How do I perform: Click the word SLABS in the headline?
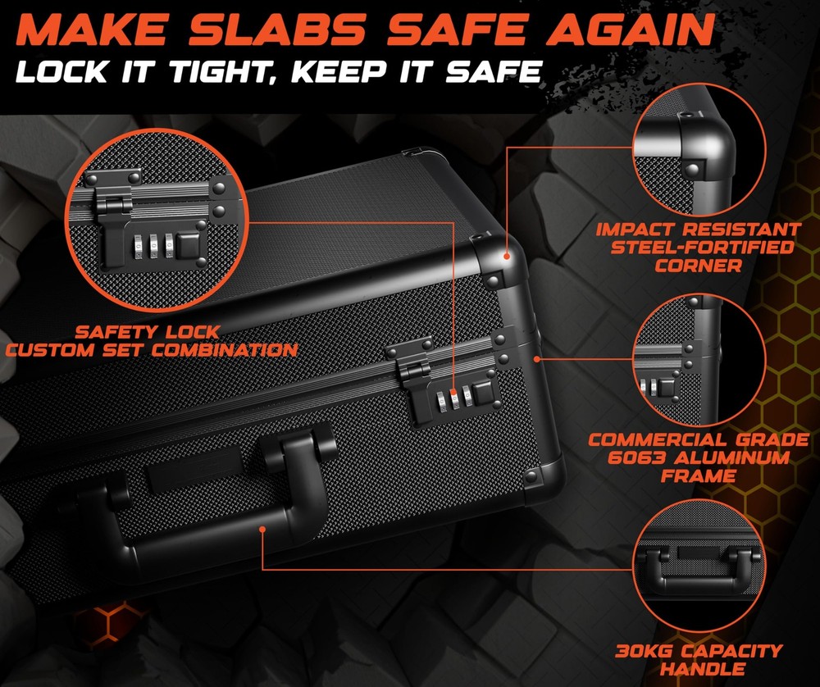coord(277,30)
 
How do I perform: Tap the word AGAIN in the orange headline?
coord(630,30)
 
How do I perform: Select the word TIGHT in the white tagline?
coord(225,71)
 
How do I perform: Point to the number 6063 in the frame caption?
coord(636,457)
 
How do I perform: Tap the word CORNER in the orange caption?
coord(698,266)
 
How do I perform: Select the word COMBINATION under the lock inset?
coord(225,350)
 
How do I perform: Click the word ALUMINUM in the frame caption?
coord(732,457)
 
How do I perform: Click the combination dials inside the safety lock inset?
coord(153,246)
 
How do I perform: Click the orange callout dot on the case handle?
coord(262,530)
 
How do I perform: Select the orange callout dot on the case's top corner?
coord(506,256)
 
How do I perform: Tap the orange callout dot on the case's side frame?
coord(536,358)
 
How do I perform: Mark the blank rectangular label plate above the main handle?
coord(194,468)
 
